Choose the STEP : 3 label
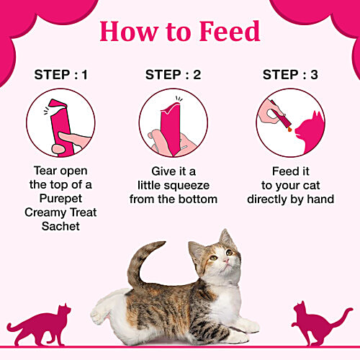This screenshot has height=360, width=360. [291, 74]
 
